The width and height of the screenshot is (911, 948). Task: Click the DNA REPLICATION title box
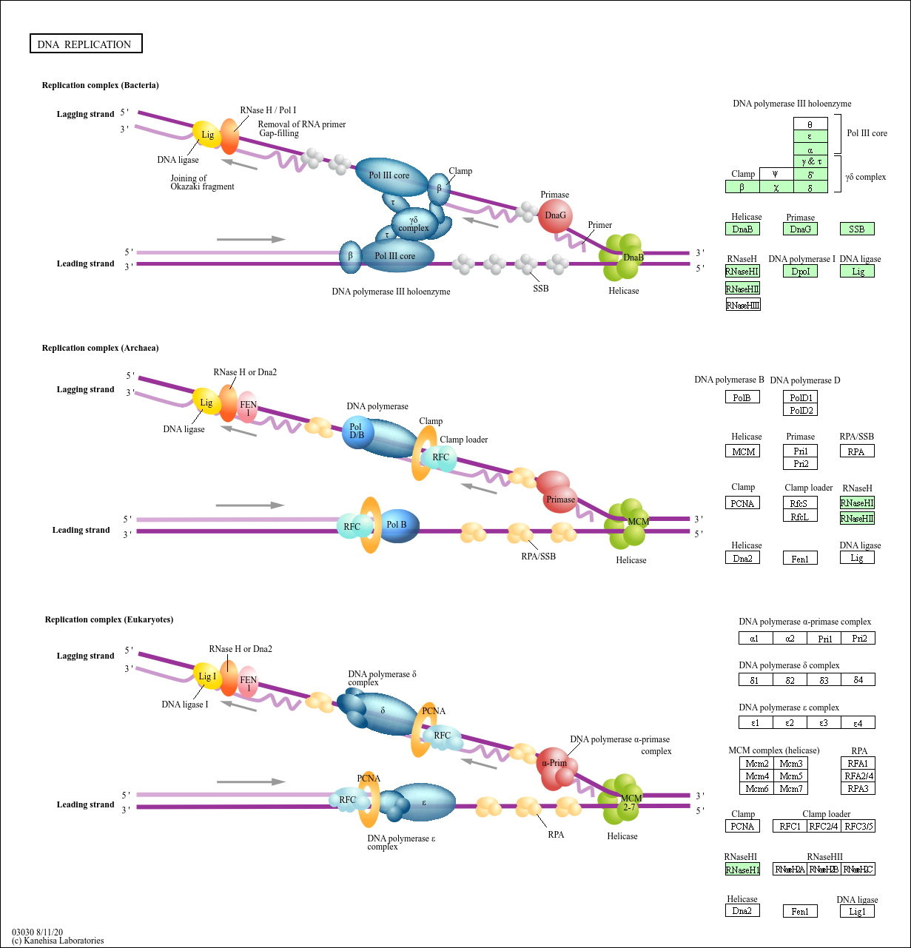click(x=85, y=44)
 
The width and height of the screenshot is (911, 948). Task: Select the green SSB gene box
click(x=857, y=229)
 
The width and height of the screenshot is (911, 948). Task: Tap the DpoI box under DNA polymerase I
click(x=801, y=272)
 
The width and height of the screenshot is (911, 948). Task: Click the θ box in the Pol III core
click(x=810, y=124)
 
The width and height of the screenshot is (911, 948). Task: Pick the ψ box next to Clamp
click(x=776, y=174)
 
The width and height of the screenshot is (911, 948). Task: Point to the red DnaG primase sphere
click(x=555, y=216)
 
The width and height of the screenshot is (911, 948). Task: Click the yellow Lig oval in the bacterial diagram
click(x=207, y=135)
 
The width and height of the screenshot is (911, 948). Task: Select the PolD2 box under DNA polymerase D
click(x=801, y=410)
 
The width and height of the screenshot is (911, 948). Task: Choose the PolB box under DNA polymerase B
click(x=742, y=397)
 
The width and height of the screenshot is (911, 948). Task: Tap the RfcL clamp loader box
click(x=800, y=517)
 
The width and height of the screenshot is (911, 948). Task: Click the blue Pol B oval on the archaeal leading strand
click(x=398, y=525)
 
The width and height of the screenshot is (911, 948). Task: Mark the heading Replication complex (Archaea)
click(x=100, y=348)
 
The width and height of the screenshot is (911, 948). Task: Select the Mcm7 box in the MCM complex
click(x=791, y=789)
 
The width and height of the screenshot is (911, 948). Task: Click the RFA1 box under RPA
click(x=858, y=763)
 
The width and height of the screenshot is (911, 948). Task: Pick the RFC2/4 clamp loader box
click(x=824, y=826)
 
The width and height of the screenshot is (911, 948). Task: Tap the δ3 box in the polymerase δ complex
click(x=824, y=679)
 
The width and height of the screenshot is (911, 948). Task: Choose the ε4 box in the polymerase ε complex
click(x=858, y=722)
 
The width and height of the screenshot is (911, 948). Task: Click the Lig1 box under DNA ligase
click(x=857, y=911)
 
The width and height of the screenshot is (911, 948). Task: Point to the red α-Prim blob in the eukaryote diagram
click(x=555, y=764)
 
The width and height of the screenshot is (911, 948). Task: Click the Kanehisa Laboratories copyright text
click(x=58, y=941)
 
